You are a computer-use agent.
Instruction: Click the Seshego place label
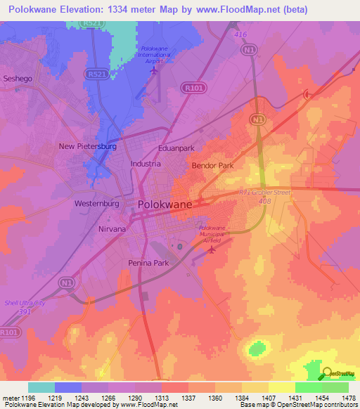point(18,79)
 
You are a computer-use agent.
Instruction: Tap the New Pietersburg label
point(87,146)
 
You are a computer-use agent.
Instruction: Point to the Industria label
point(146,163)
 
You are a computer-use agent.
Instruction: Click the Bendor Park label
point(212,166)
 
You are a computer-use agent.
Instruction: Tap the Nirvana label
point(111,229)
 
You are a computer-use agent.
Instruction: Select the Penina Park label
point(148,263)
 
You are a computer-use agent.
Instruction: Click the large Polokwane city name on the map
point(165,204)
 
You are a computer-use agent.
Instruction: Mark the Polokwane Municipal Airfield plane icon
point(212,251)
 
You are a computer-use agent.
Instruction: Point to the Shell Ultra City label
point(25,303)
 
